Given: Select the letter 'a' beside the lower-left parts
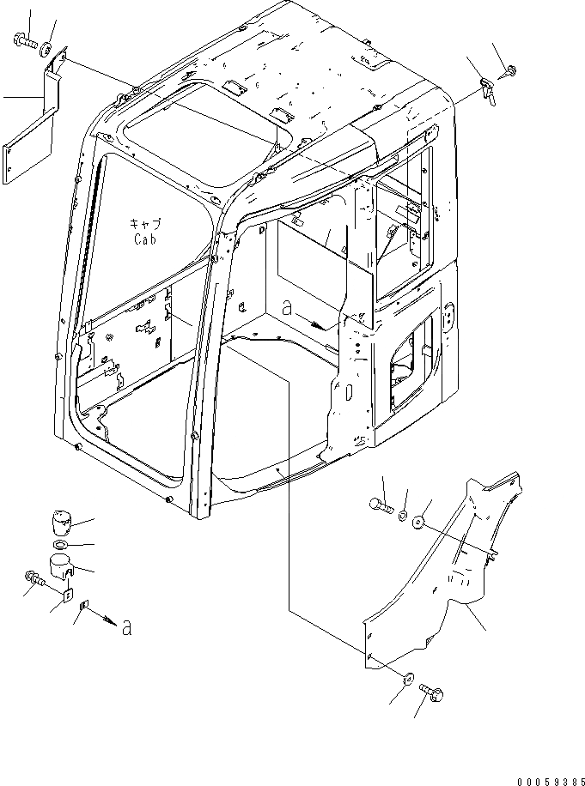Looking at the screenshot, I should click(126, 628).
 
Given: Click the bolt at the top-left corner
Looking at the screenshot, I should click(24, 39).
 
